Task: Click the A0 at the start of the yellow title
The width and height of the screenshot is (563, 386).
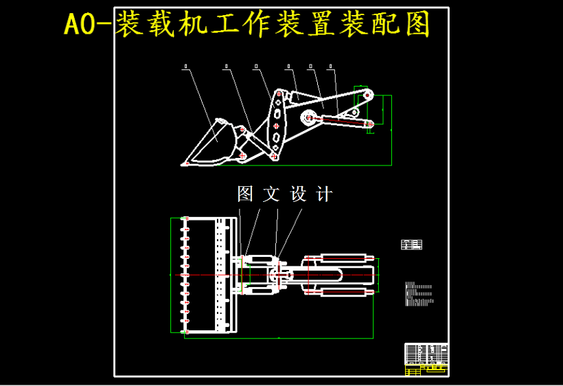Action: pyautogui.click(x=82, y=25)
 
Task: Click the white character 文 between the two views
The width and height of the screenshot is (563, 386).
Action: pyautogui.click(x=272, y=194)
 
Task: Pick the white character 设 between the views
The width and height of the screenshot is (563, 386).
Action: pyautogui.click(x=298, y=194)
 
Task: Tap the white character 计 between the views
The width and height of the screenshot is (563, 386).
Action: pyautogui.click(x=324, y=194)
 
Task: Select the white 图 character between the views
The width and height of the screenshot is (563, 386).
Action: pyautogui.click(x=245, y=194)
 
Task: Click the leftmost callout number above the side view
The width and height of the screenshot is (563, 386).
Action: pyautogui.click(x=186, y=67)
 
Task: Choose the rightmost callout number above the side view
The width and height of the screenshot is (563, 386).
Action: pyautogui.click(x=331, y=67)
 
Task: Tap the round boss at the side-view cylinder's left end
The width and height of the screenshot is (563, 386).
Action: pyautogui.click(x=309, y=117)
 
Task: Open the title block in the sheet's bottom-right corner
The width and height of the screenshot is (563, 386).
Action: pyautogui.click(x=426, y=359)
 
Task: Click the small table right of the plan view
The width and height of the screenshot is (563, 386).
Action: pyautogui.click(x=411, y=244)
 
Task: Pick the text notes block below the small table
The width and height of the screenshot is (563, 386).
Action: pyautogui.click(x=418, y=293)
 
